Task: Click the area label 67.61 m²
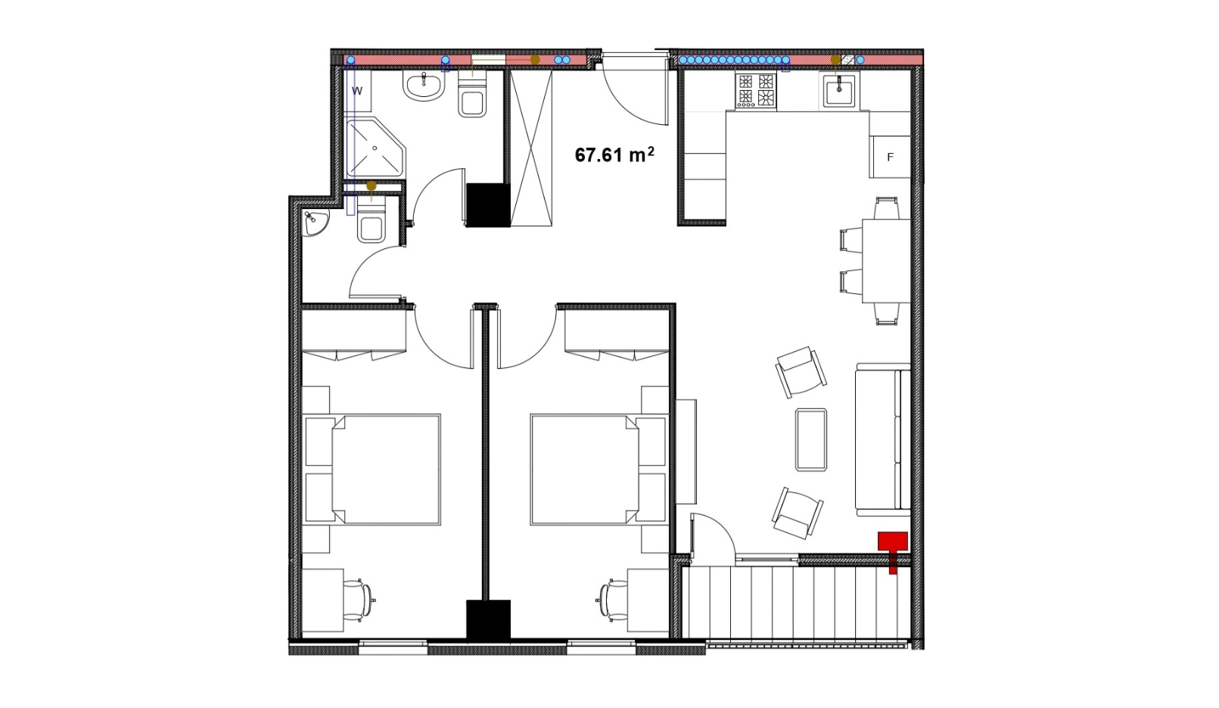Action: [x=614, y=154]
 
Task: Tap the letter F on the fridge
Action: [x=891, y=158]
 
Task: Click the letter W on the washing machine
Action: [x=357, y=91]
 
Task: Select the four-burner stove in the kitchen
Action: [x=755, y=90]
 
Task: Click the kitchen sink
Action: [x=838, y=92]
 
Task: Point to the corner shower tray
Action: [x=376, y=147]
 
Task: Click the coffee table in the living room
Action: [x=811, y=439]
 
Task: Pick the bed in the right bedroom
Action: [x=599, y=469]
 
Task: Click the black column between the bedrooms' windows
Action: [x=488, y=619]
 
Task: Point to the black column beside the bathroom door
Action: [x=488, y=204]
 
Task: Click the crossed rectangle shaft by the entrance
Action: [x=531, y=148]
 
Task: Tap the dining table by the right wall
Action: [x=887, y=261]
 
